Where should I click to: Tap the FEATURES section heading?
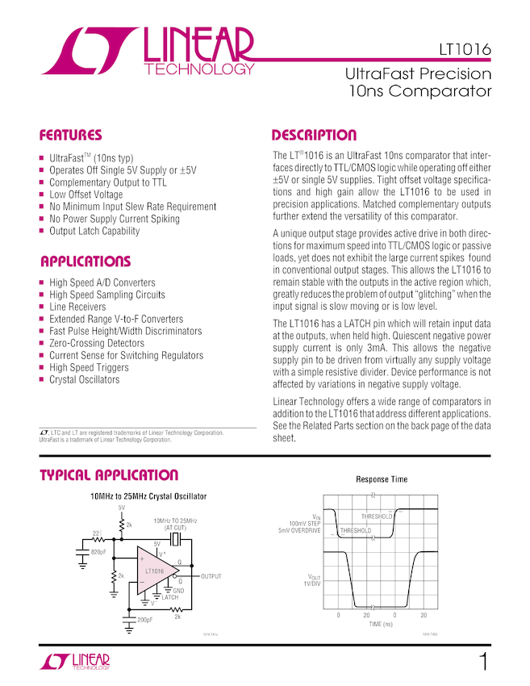coord(71,135)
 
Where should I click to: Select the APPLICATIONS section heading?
coord(85,261)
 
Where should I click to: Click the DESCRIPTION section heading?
coord(314,135)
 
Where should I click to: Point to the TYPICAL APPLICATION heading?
coord(109,475)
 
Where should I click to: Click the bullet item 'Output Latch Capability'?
coord(94,231)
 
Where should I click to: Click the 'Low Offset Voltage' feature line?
coord(86,195)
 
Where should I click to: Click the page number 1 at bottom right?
coord(483,663)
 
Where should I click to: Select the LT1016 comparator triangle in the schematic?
coord(158,571)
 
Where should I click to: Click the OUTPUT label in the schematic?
coord(211,576)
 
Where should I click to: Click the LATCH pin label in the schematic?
coord(169,597)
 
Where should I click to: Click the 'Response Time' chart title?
coord(382,479)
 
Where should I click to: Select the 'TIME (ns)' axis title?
coord(381,625)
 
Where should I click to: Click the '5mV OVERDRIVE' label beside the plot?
coord(299,530)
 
